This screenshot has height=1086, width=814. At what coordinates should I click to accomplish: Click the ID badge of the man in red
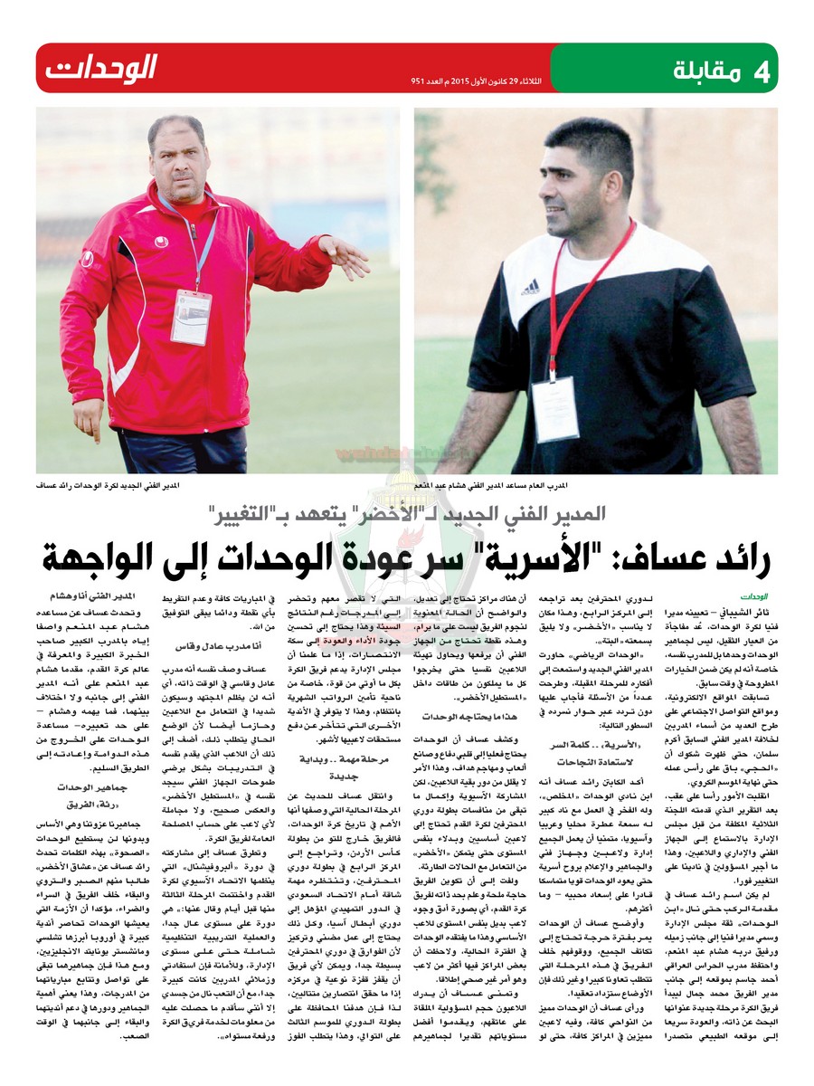(x=191, y=317)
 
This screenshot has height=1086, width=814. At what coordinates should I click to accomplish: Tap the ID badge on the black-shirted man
(x=554, y=407)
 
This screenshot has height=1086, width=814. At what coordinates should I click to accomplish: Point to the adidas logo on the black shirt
(x=531, y=288)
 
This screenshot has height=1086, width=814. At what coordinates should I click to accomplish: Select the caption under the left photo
(x=108, y=486)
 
